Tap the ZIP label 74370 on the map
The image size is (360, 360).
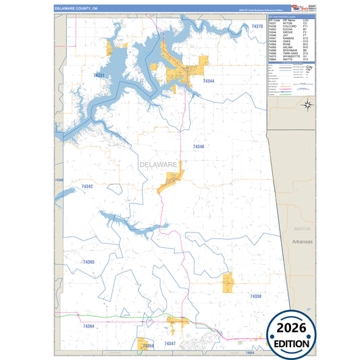tap(257, 26)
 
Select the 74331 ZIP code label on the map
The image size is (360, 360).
tap(99, 76)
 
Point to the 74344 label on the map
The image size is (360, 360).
tap(209, 81)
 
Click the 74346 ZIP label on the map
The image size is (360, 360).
tap(198, 147)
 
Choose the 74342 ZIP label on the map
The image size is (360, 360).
tap(87, 186)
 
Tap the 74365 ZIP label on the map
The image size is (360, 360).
tap(88, 262)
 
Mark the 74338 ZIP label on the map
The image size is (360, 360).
tap(255, 297)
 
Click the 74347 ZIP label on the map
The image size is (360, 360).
tap(170, 344)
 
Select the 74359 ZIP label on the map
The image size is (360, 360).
tap(148, 346)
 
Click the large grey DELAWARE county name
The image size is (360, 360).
tap(158, 165)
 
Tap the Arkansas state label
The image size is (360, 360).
tap(303, 241)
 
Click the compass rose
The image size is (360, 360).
tap(307, 103)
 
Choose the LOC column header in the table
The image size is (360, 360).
tap(306, 20)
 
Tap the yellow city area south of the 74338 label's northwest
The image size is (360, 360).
tap(228, 282)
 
